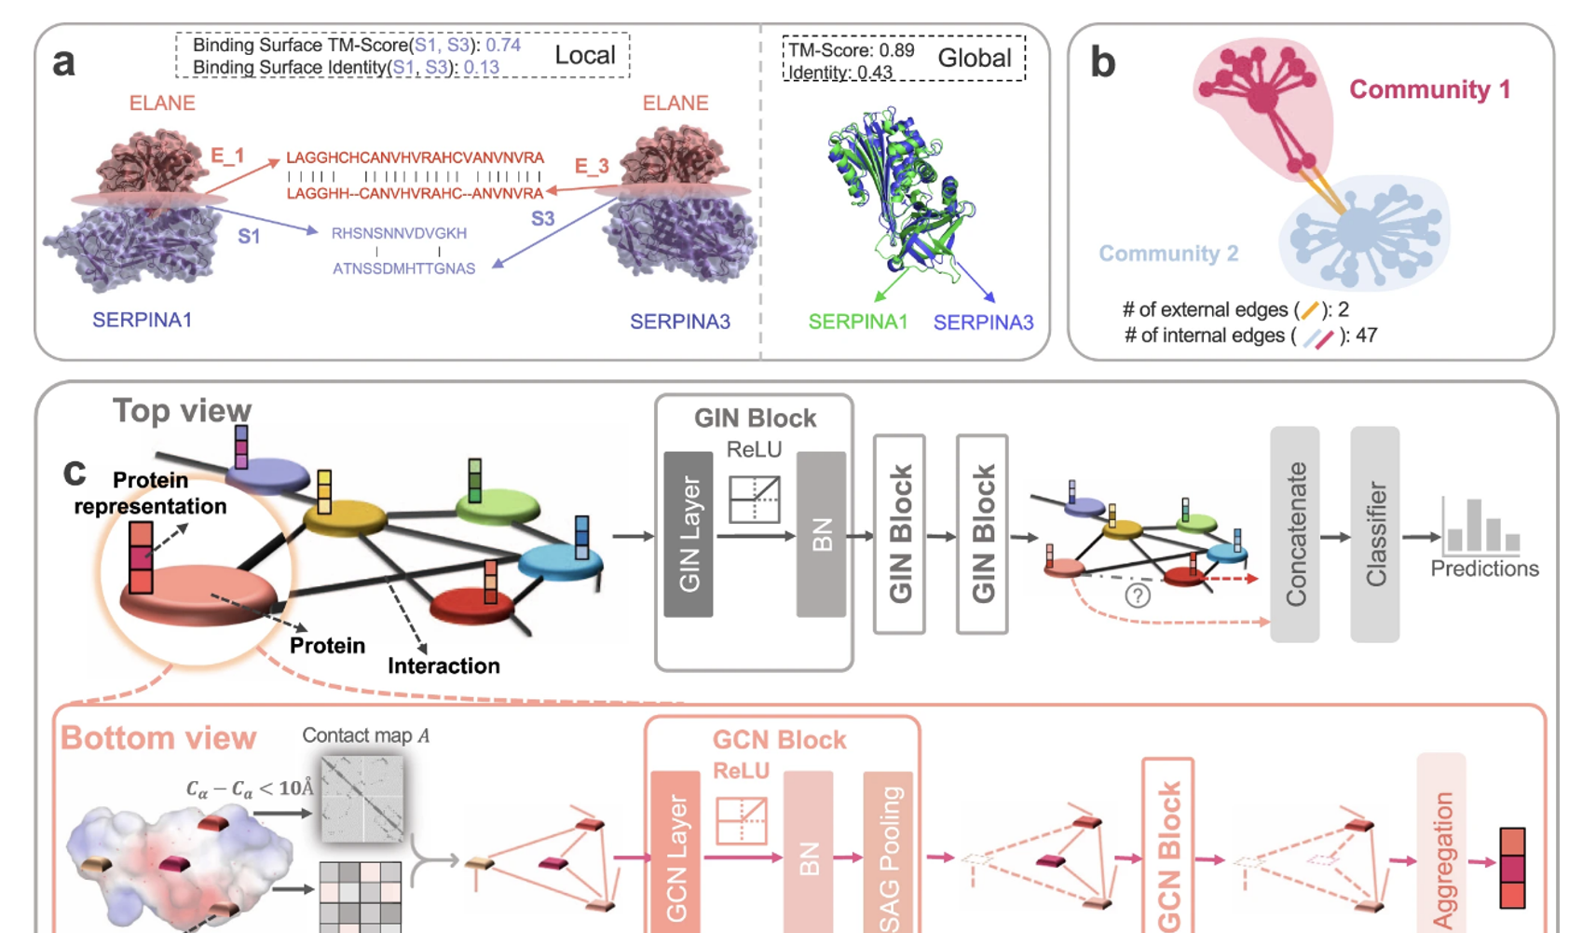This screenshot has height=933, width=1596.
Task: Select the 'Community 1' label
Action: tap(1429, 89)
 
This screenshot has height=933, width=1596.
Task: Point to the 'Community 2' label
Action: tap(1168, 254)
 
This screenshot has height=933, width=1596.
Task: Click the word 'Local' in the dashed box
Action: tap(584, 55)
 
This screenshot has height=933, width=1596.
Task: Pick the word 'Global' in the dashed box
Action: tap(974, 58)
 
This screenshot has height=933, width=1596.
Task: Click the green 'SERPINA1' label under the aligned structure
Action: tap(857, 322)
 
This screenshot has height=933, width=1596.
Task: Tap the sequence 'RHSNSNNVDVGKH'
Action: tap(399, 233)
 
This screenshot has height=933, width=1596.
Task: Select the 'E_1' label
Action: tap(227, 156)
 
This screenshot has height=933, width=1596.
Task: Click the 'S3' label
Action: tap(542, 219)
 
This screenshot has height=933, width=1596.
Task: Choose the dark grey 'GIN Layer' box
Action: tap(689, 534)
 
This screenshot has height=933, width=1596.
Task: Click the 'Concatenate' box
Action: tap(1294, 534)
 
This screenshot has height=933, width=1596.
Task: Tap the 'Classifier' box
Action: tap(1374, 534)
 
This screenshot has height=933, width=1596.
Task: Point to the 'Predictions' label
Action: tap(1484, 569)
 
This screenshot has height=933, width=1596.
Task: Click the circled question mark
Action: tap(1137, 596)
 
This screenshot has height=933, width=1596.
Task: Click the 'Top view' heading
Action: tap(182, 410)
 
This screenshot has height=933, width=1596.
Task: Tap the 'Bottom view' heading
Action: tap(158, 738)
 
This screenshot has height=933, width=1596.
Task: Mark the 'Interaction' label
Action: tap(443, 665)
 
